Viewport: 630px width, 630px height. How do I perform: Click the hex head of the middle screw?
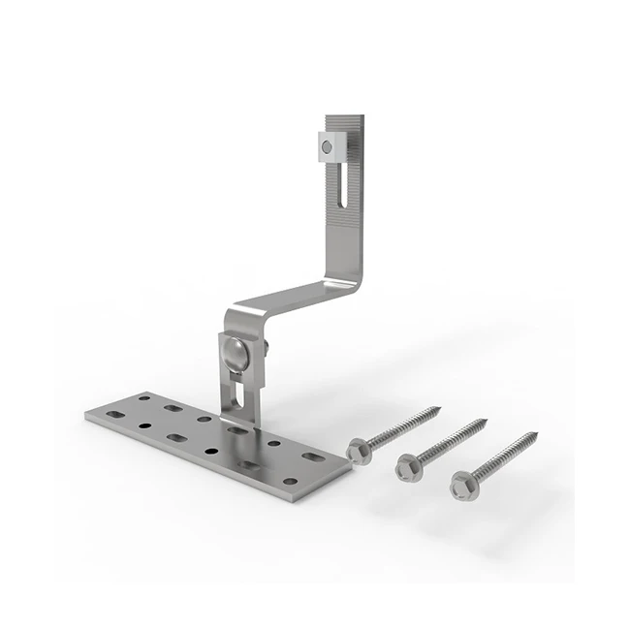pyautogui.click(x=405, y=469)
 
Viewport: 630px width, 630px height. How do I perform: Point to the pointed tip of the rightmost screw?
pyautogui.click(x=536, y=431)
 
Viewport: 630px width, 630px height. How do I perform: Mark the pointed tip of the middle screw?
pyautogui.click(x=487, y=420)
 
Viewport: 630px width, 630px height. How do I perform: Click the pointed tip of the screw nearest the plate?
pyautogui.click(x=441, y=408)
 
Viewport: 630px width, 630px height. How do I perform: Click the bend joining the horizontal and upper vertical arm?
pyautogui.click(x=351, y=284)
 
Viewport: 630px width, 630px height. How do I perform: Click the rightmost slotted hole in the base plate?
pyautogui.click(x=312, y=456)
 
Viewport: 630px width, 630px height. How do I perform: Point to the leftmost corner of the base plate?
pyautogui.click(x=85, y=416)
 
